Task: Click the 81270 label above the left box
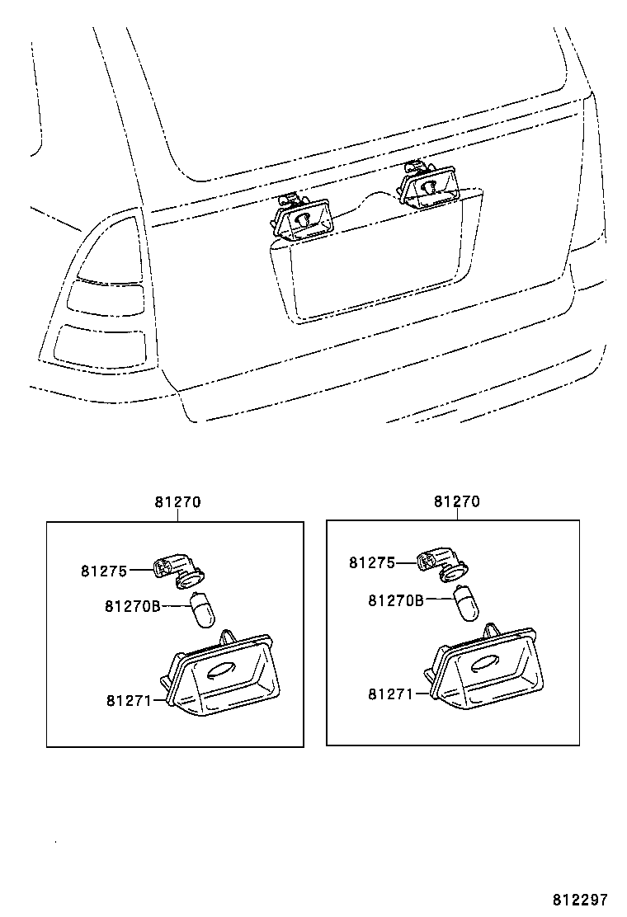177,501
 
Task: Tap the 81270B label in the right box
396,600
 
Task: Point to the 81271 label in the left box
128,700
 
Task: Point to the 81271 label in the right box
390,694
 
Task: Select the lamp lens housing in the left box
221,675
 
